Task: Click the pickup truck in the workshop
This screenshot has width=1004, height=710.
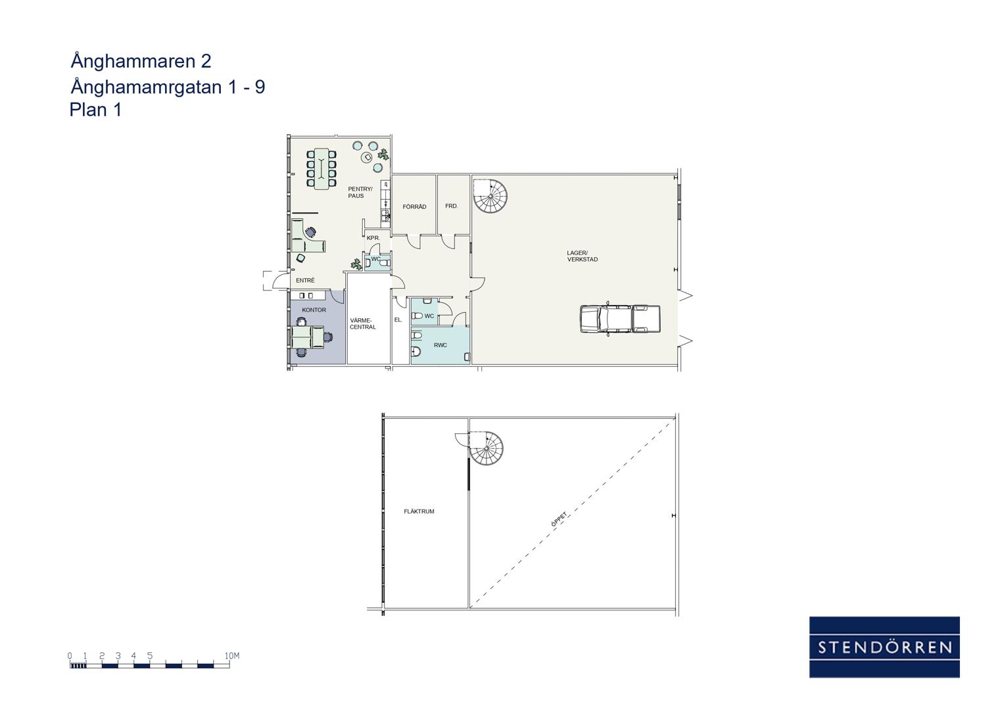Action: [x=620, y=319]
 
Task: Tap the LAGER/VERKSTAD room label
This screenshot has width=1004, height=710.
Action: [x=583, y=256]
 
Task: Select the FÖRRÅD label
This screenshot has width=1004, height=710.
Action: [x=414, y=206]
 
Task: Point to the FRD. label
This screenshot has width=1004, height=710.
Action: [x=451, y=206]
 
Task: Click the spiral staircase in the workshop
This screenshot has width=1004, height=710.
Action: [x=490, y=196]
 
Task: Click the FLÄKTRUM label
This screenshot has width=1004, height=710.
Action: [x=419, y=511]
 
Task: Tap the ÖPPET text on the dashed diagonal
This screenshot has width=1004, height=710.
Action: [x=560, y=519]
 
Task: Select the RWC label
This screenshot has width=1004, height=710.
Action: [x=440, y=345]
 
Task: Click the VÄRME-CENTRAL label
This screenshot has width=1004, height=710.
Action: [x=362, y=323]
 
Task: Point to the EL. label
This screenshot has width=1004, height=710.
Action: [x=398, y=319]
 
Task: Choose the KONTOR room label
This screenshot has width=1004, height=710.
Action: [x=314, y=310]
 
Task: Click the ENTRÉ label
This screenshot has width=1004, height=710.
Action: [x=305, y=280]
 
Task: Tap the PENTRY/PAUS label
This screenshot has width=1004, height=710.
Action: [x=360, y=192]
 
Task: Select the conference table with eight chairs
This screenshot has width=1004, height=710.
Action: [x=322, y=168]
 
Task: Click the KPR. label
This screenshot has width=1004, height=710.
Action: [x=373, y=238]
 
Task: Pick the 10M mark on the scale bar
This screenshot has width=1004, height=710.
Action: [x=232, y=656]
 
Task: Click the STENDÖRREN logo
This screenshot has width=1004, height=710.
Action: [x=884, y=648]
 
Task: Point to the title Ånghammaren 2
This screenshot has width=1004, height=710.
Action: [x=141, y=61]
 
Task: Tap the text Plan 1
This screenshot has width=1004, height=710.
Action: [x=95, y=110]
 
